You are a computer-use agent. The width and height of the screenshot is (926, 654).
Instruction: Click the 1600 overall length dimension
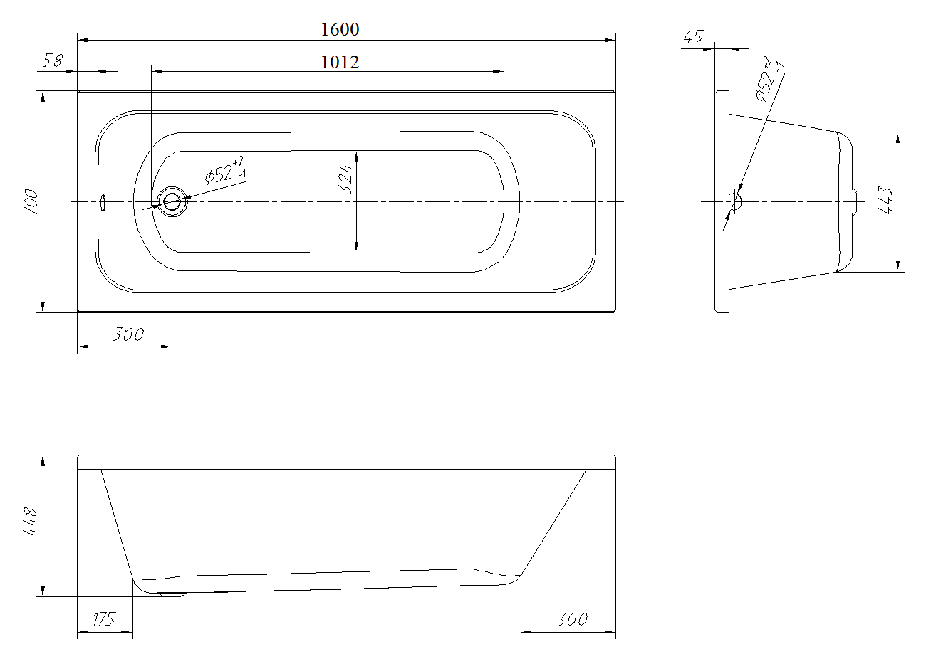340,29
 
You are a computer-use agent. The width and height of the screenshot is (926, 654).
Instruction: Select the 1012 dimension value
340,63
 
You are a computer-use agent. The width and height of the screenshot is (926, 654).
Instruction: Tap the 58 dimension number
53,60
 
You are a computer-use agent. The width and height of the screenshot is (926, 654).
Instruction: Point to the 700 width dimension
31,201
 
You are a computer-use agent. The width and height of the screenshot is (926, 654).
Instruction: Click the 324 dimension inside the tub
345,179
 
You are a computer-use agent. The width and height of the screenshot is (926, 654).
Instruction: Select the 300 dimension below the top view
128,334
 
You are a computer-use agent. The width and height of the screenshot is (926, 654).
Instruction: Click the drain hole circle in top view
172,201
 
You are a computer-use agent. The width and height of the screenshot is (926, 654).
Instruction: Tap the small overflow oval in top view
103,203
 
